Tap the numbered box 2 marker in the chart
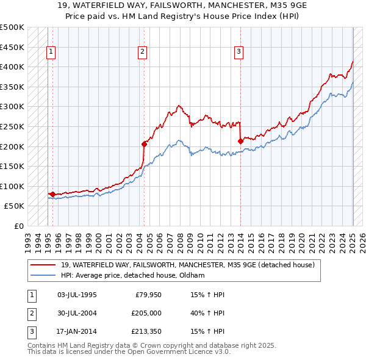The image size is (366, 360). [x=142, y=52]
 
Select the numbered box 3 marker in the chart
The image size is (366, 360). [x=239, y=52]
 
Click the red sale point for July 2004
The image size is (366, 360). [x=145, y=144]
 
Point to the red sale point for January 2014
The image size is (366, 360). [x=240, y=141]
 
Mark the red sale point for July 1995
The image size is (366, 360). [x=52, y=194]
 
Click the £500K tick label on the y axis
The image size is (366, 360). [x=12, y=27]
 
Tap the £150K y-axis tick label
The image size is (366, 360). [x=12, y=166]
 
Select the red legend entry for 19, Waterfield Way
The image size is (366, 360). [x=187, y=265]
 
